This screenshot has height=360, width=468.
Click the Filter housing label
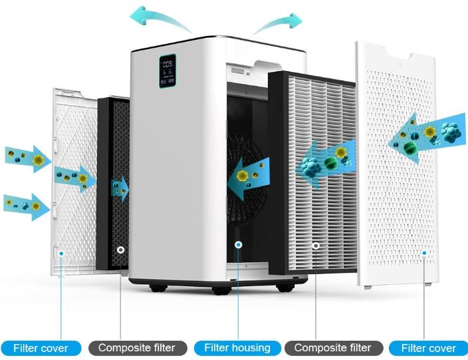(237, 348)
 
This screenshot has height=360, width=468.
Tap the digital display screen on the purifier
(168, 71)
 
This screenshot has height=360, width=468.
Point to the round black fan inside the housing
(245, 180)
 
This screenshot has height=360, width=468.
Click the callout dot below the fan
(238, 245)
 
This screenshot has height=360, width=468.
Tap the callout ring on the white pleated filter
(316, 246)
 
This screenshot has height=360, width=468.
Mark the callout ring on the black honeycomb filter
(120, 250)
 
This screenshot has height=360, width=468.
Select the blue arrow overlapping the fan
(249, 178)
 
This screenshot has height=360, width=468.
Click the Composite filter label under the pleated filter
(334, 348)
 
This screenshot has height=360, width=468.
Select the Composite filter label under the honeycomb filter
(138, 348)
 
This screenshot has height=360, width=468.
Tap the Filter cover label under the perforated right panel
(429, 348)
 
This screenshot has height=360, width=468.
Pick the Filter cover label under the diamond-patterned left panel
(41, 348)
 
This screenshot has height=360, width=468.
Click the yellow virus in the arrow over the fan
(243, 176)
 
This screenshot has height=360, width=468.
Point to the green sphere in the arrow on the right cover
(410, 148)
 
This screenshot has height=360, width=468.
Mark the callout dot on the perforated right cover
(424, 253)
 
